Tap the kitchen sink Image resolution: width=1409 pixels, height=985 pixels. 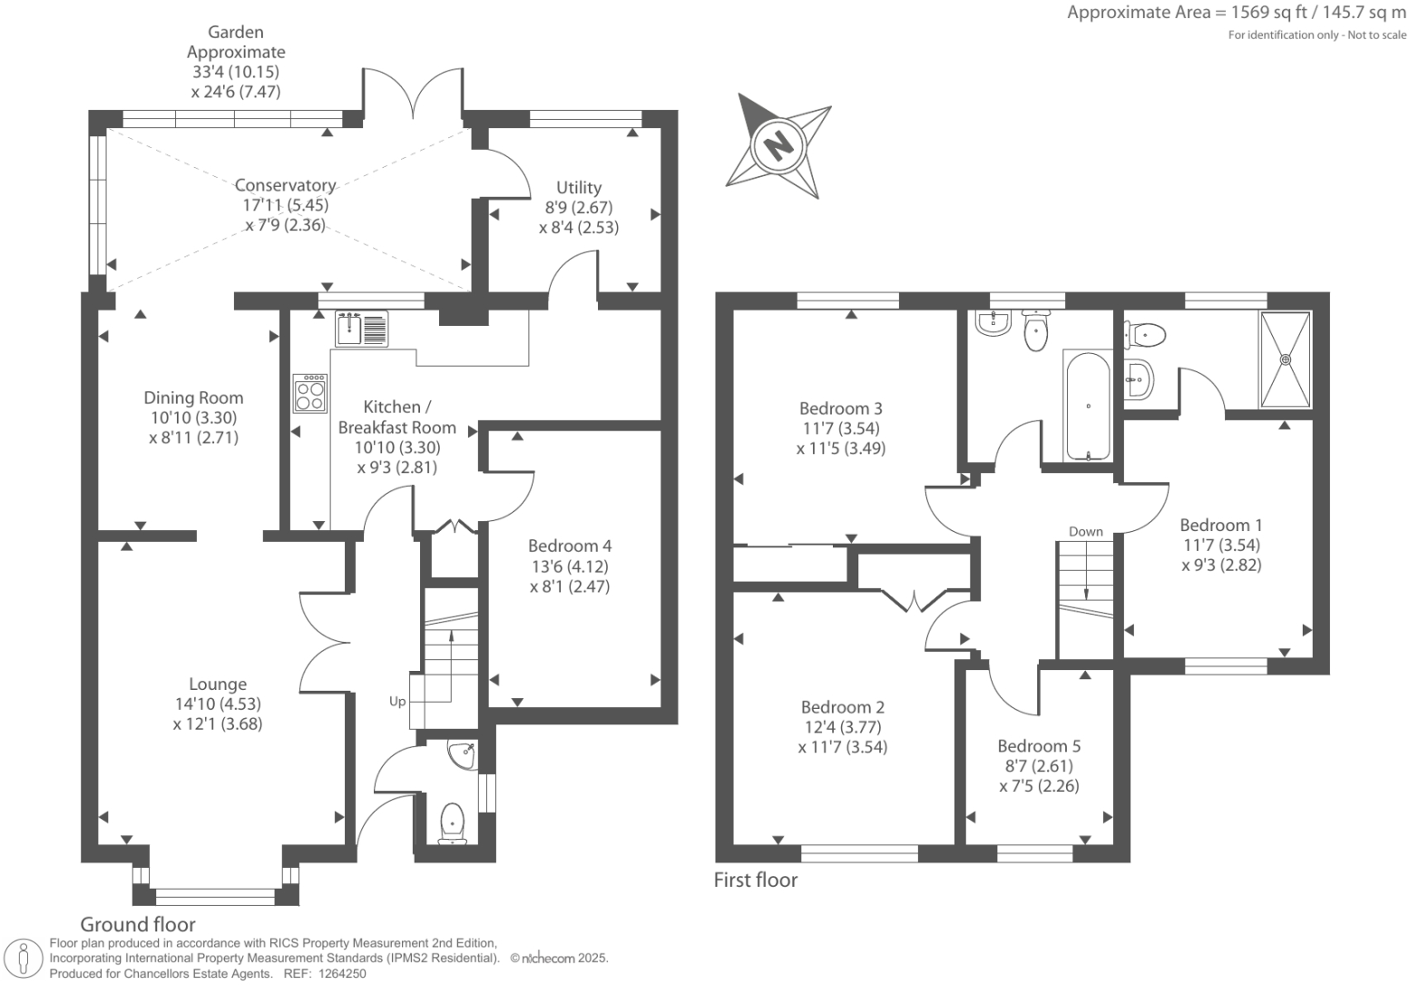coord(362,328)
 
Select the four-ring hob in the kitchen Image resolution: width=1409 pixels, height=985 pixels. coord(309,393)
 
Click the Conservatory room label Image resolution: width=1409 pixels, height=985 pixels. coord(285,185)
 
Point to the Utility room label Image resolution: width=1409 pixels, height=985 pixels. coord(579,187)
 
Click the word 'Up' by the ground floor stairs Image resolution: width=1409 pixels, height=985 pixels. coord(397,701)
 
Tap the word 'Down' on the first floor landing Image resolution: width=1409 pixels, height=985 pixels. coord(1085,531)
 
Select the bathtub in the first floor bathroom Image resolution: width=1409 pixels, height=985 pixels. coord(1087,406)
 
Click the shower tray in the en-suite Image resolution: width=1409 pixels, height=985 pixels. coord(1285,360)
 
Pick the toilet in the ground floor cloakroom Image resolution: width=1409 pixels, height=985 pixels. coord(451,822)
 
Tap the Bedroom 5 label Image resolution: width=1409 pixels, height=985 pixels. coord(1039,746)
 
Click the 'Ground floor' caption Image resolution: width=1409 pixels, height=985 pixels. coord(138,924)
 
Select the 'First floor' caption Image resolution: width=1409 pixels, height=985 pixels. coord(756,880)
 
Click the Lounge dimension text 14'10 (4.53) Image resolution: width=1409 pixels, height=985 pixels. coord(218,704)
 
